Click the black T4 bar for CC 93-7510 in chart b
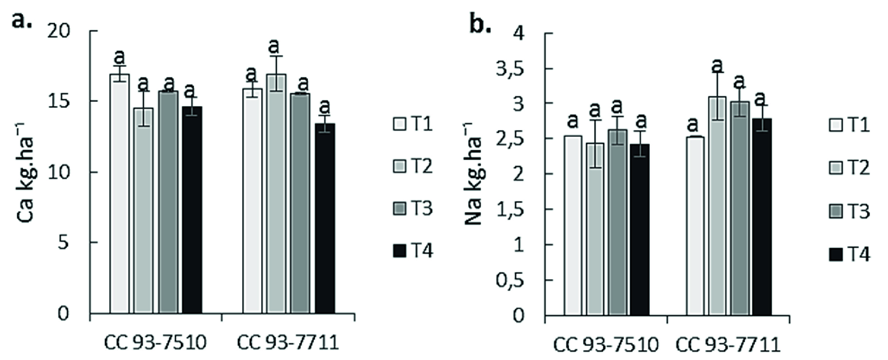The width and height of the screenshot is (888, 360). (640, 229)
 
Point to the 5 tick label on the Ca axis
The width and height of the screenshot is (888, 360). (63, 243)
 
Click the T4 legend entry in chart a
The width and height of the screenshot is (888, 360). (413, 251)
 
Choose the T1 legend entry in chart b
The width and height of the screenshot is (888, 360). (850, 125)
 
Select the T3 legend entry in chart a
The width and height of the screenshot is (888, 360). (413, 208)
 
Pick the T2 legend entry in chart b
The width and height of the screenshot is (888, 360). (850, 168)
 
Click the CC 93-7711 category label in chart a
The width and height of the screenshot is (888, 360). (287, 343)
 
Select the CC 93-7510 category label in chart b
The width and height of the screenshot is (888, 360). (605, 345)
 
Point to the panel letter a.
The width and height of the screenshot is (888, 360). (22, 20)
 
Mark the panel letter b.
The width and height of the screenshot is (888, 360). (480, 23)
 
